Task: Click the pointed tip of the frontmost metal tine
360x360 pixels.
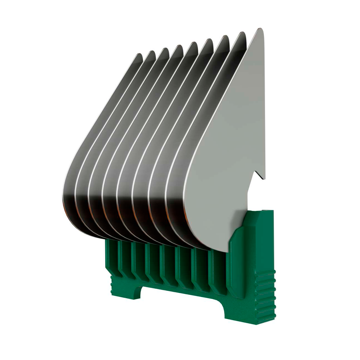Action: [259, 30]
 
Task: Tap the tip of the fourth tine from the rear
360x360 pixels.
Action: [178, 47]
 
